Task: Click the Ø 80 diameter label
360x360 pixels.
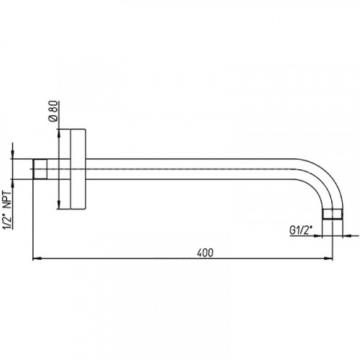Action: (x=54, y=111)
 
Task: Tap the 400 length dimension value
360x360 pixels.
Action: (x=205, y=253)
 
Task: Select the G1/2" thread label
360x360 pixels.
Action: (x=301, y=230)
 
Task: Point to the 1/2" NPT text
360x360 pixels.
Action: (x=7, y=210)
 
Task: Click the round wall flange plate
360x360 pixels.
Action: (x=78, y=169)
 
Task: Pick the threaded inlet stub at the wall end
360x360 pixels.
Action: (x=40, y=169)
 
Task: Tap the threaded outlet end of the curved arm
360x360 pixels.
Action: (x=333, y=214)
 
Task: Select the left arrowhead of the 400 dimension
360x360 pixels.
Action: (x=37, y=258)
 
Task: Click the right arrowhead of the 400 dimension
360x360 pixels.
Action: (x=328, y=258)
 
